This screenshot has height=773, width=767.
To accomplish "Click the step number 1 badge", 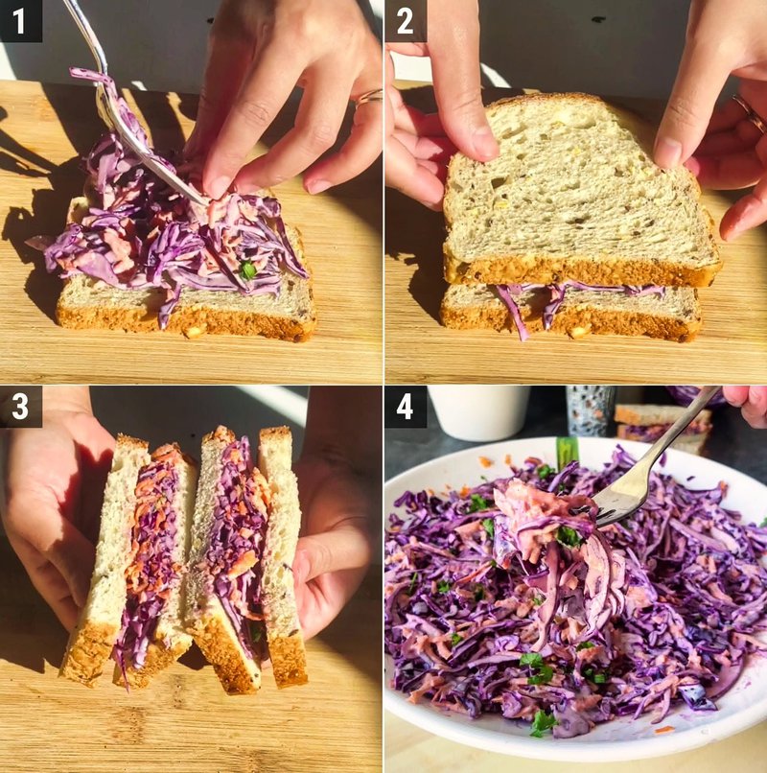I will point(20,20).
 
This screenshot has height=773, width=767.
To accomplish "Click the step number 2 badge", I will point(405,20).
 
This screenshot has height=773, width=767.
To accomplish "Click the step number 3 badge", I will point(20,407).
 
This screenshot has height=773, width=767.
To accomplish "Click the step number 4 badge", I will point(405,407).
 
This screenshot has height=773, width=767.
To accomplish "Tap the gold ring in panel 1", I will point(369,96).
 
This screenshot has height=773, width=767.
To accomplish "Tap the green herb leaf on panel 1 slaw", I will point(247,270).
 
